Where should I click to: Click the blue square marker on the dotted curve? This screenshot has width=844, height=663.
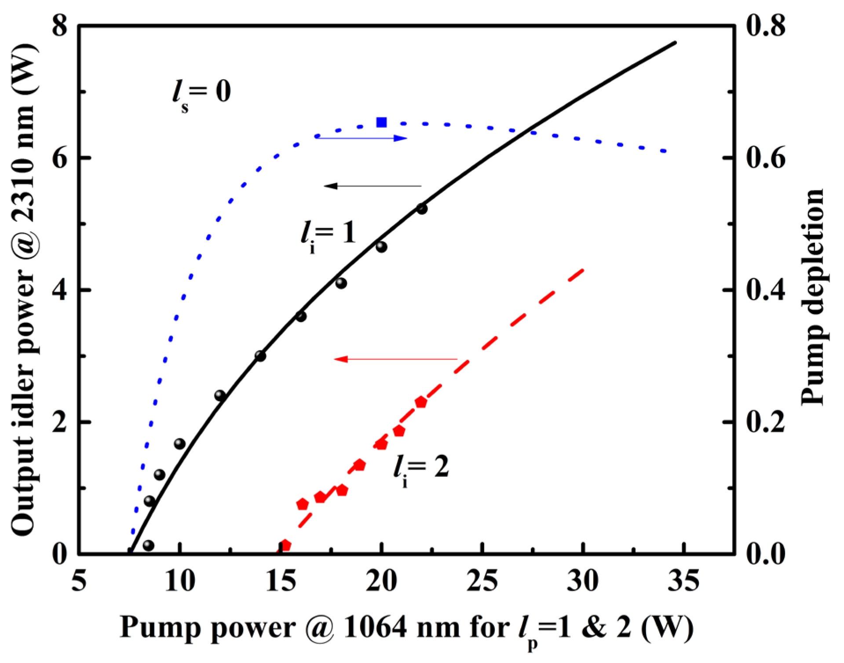(381, 122)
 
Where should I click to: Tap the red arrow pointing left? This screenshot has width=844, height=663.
(396, 359)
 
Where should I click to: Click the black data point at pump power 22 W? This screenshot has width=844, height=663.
(422, 209)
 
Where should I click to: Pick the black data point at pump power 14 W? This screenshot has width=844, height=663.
(260, 356)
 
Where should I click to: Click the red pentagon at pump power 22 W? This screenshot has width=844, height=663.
(421, 402)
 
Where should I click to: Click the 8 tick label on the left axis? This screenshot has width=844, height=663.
(60, 25)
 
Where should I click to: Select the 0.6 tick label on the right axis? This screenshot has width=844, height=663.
(766, 158)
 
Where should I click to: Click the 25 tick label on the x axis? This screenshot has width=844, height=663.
(482, 581)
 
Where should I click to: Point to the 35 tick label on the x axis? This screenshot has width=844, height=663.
(683, 581)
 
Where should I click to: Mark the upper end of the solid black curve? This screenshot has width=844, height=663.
(675, 43)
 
